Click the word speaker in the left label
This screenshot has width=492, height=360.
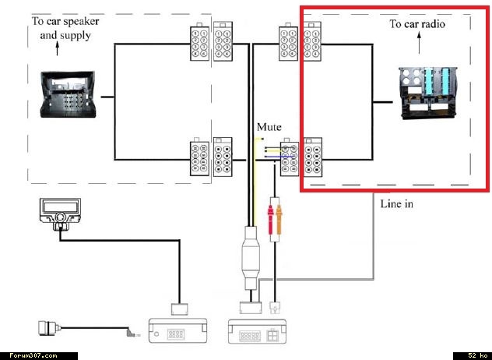83,21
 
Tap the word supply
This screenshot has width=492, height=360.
80,35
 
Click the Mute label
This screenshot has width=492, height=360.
269,126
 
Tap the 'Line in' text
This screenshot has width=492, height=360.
396,204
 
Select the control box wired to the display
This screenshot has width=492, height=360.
178,332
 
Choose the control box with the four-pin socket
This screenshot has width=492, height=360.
257,332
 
